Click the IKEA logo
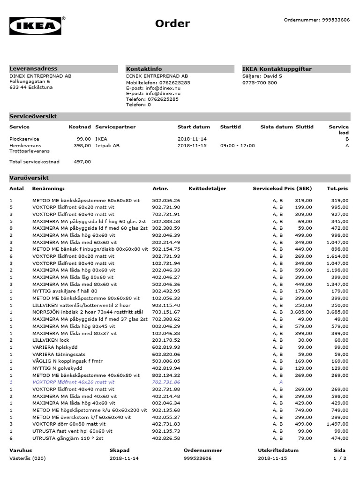point(36,26)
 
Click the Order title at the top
point(172,24)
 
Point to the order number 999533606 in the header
point(336,20)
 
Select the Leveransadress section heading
point(34,69)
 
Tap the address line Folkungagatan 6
point(30,82)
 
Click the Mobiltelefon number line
point(158,82)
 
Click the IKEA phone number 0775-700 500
point(259,82)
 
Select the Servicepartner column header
point(115,127)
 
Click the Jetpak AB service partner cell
point(107,146)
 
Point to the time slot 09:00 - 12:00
point(238,146)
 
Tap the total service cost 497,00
point(82,162)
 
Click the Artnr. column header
point(160,188)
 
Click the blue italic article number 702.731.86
point(166,382)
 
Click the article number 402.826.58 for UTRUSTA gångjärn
point(166,438)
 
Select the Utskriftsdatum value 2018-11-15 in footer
point(272,458)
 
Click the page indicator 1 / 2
point(340,458)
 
